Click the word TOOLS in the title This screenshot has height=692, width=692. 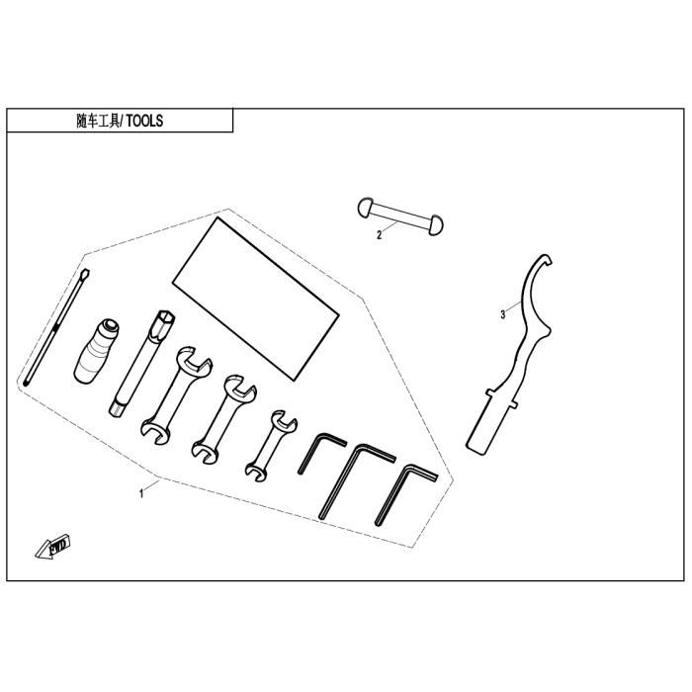(144, 121)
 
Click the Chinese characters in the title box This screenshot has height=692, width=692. (98, 121)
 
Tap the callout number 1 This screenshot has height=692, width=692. (141, 494)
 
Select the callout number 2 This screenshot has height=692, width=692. (379, 235)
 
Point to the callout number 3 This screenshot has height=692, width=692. (502, 315)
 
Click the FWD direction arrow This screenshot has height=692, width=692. (53, 547)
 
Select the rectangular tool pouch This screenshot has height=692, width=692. (255, 299)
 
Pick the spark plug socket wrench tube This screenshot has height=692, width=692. (142, 362)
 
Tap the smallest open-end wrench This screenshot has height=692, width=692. (272, 446)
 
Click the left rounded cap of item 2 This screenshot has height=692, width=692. (366, 208)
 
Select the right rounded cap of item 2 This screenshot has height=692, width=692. (436, 225)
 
